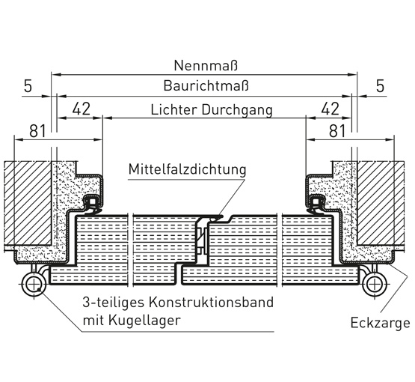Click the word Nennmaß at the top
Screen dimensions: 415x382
point(206,65)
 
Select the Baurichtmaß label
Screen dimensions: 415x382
point(206,85)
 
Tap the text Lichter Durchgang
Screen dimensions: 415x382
point(212,110)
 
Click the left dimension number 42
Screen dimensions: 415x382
point(82,109)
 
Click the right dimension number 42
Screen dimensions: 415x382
point(330,109)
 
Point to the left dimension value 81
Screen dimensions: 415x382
point(38,131)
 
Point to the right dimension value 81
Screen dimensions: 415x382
point(337,131)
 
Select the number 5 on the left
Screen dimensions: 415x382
point(28,86)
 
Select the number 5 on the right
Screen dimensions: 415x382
point(380,86)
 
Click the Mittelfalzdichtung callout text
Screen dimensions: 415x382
point(188,169)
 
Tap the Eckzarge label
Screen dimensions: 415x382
point(381,323)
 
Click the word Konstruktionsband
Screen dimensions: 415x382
point(211,303)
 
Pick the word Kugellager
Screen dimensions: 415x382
point(144,321)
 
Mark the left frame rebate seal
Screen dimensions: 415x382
point(91,204)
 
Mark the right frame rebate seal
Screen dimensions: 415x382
point(316,204)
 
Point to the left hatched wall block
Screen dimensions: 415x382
point(28,203)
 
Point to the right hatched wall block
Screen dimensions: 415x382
point(381,203)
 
